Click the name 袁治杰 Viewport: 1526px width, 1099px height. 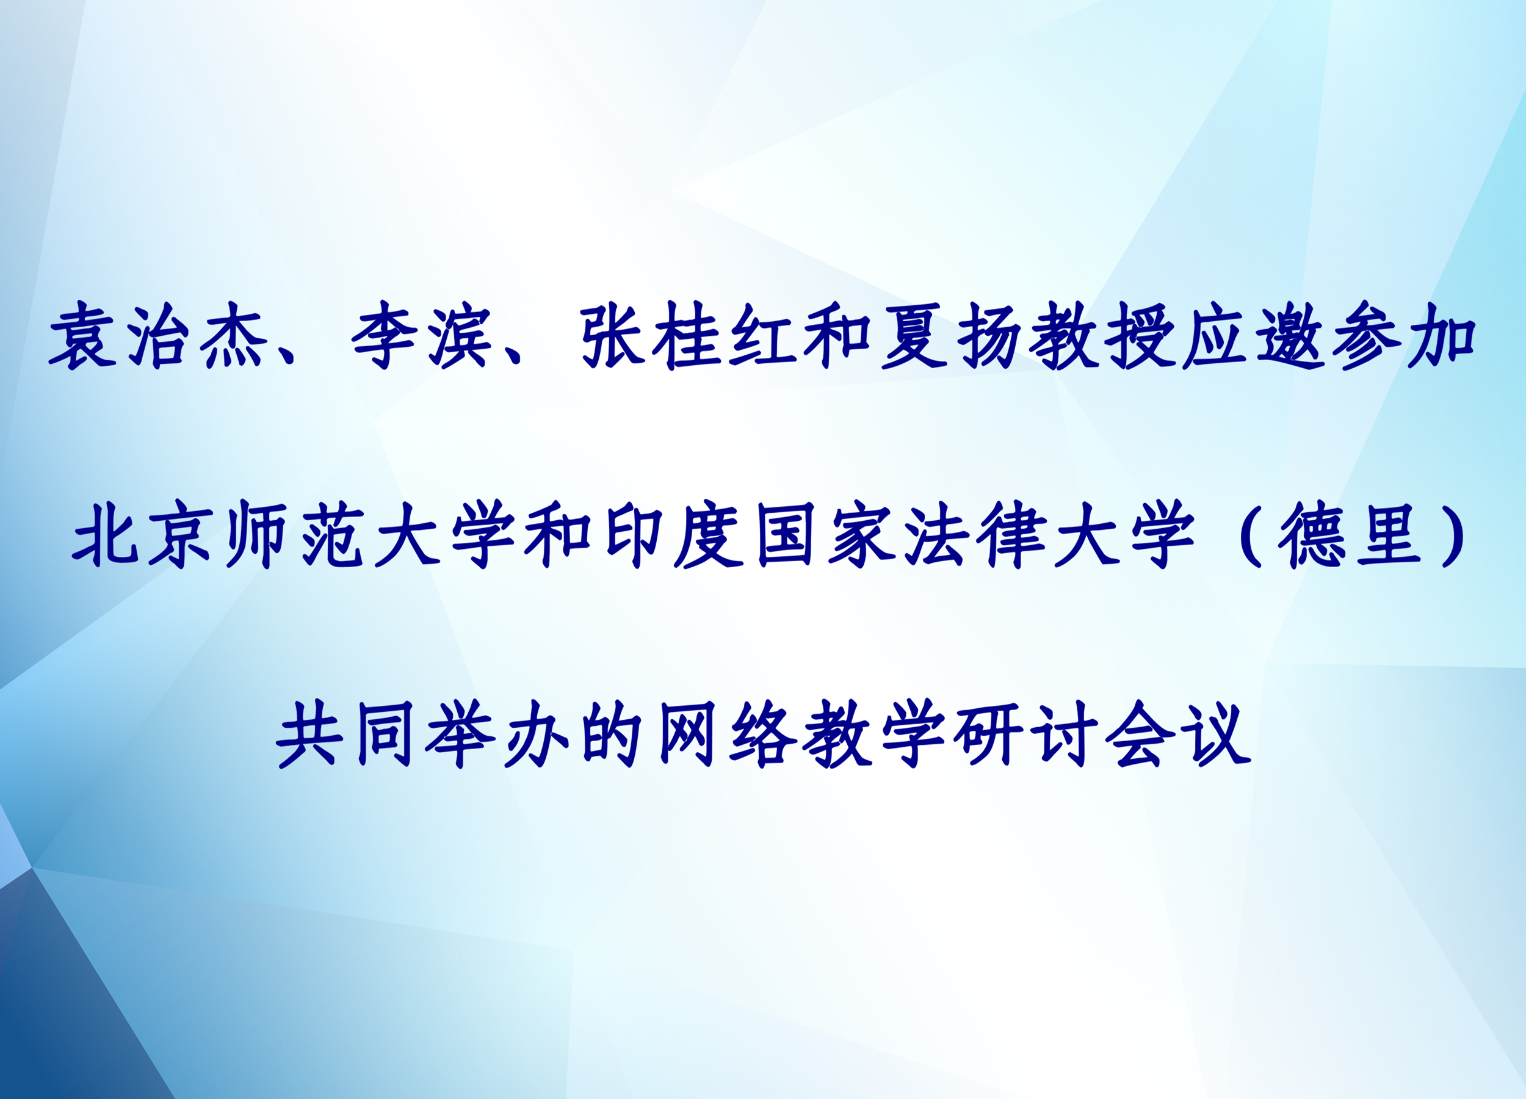coord(157,335)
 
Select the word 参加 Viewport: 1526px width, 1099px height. coord(1403,335)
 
